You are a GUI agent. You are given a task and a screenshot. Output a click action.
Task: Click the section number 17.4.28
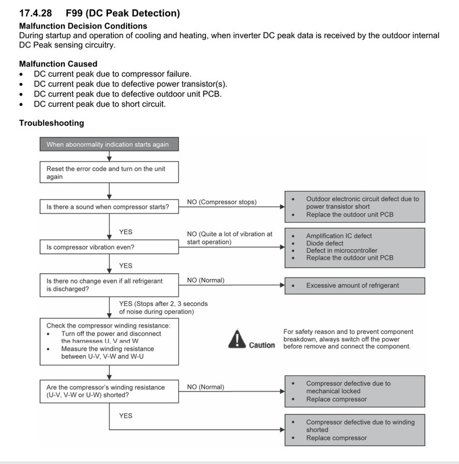(35, 13)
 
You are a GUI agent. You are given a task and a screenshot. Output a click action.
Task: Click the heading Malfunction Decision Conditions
(83, 26)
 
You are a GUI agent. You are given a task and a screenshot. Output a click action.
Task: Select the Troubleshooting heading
(52, 123)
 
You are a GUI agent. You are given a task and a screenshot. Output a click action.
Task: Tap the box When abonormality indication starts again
(109, 144)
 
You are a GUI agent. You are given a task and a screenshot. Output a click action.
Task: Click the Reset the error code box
(109, 172)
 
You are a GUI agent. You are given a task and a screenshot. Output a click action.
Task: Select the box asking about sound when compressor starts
(109, 206)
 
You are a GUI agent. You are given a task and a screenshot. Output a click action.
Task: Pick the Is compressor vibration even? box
(109, 247)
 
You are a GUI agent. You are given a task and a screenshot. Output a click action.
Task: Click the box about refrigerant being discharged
(109, 285)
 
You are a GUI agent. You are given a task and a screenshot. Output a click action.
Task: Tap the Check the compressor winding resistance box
(109, 342)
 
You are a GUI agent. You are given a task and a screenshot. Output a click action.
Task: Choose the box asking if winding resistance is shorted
(109, 391)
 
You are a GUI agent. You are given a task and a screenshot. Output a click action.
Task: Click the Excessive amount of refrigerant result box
(355, 285)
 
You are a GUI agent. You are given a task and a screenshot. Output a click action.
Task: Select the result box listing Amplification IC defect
(355, 248)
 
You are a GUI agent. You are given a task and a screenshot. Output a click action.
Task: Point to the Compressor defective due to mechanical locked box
(355, 391)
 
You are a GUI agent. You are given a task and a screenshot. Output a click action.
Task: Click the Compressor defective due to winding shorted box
(355, 430)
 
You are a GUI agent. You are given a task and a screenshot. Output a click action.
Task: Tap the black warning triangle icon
(237, 339)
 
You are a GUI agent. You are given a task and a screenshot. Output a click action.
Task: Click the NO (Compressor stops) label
(222, 202)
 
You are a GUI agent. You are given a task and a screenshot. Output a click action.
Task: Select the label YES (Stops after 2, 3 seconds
(164, 303)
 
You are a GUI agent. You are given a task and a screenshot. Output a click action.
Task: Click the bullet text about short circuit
(100, 104)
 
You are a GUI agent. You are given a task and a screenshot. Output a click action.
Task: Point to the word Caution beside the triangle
(262, 345)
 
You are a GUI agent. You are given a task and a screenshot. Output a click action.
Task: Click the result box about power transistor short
(355, 206)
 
